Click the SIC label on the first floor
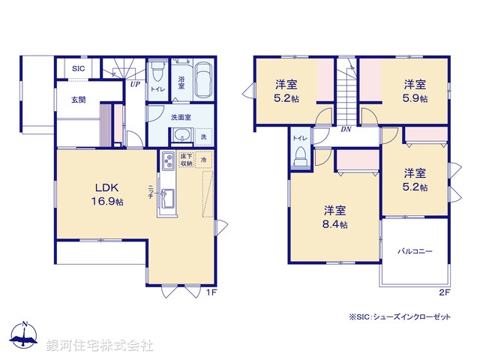(x=78, y=69)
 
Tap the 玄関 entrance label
(x=78, y=99)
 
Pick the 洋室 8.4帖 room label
(x=335, y=216)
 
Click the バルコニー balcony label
(x=415, y=252)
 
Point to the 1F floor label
(x=211, y=292)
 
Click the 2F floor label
(x=444, y=292)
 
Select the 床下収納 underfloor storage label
(x=187, y=160)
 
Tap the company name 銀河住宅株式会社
(x=100, y=346)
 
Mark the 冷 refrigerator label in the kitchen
(x=204, y=160)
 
